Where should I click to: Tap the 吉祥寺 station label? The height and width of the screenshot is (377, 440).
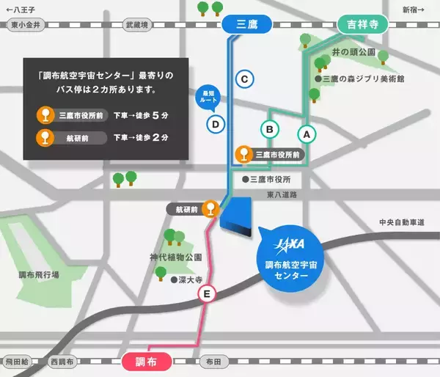point(362,25)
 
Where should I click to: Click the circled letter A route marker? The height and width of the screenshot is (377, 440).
point(306,133)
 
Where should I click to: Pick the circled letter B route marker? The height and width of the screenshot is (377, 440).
point(269,129)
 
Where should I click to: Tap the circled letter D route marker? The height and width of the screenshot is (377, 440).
point(215,124)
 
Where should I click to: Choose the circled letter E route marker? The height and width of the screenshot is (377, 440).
point(208,295)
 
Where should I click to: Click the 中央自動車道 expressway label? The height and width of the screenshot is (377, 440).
point(403,222)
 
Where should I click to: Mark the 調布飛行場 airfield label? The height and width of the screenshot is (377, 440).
point(39,274)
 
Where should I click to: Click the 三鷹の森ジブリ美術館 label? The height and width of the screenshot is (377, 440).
point(359,78)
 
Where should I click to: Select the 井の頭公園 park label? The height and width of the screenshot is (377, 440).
point(353,53)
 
